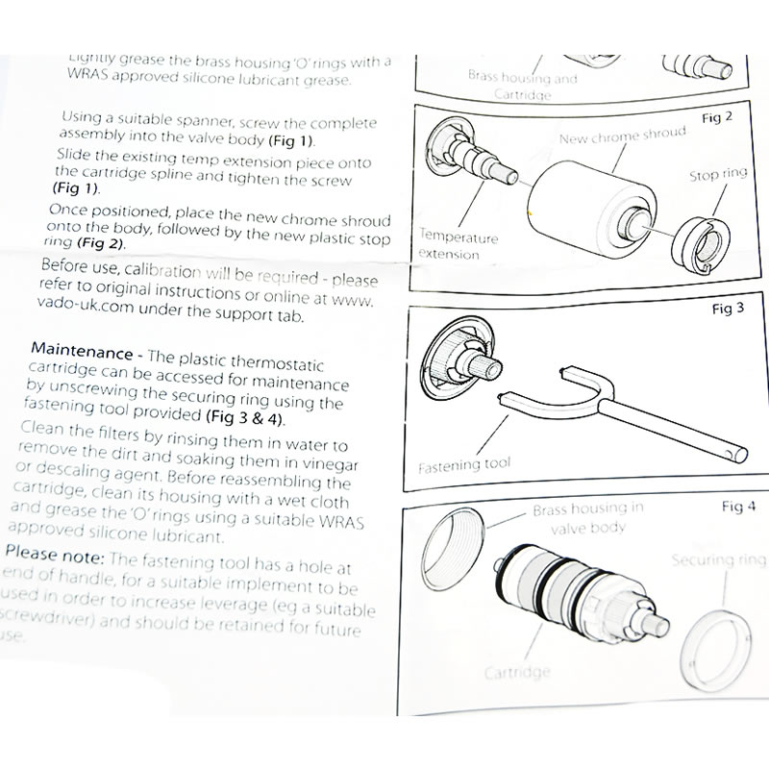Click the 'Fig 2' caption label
[x=716, y=117]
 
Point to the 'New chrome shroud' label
[x=624, y=136]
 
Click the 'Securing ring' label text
[x=718, y=559]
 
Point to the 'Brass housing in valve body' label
[x=586, y=518]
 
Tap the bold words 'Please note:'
[x=55, y=557]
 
